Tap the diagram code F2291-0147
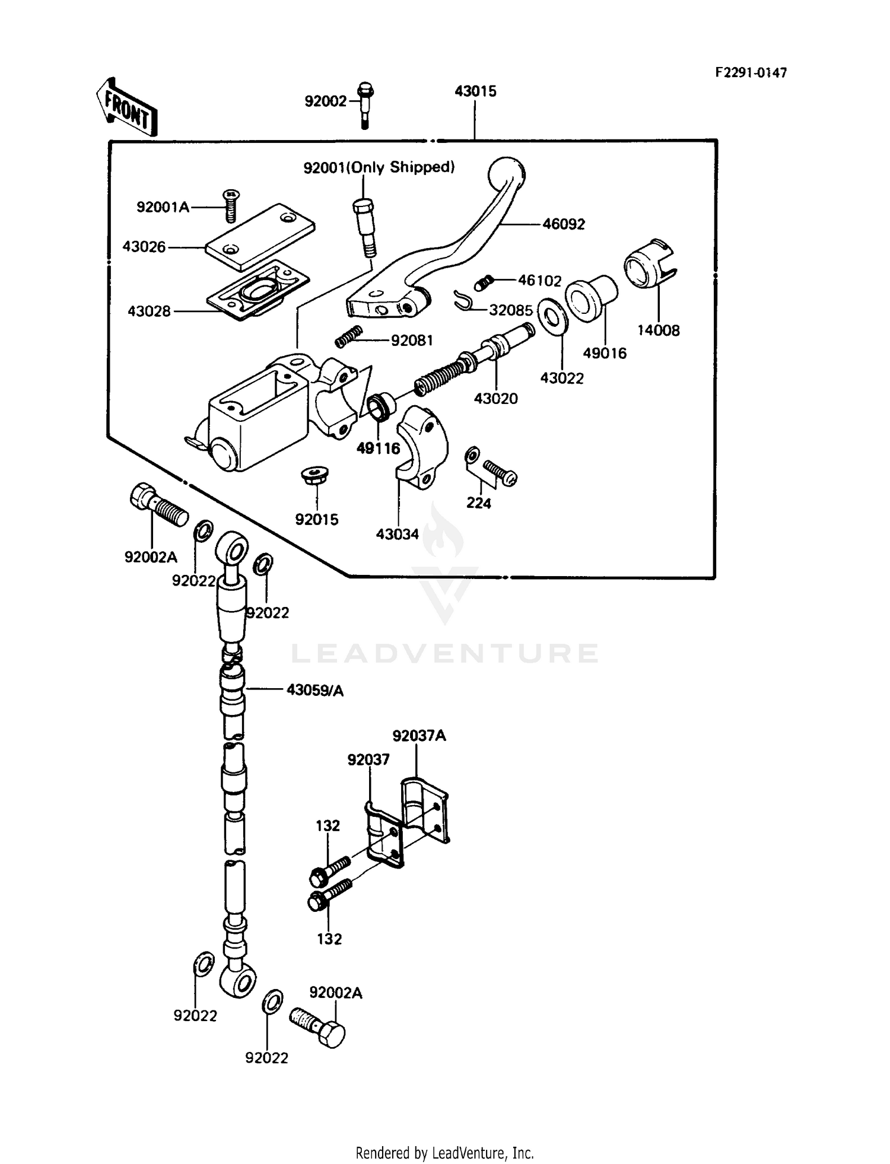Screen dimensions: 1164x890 [x=751, y=72]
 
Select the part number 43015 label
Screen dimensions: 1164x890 [x=475, y=91]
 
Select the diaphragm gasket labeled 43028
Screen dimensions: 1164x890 [x=258, y=291]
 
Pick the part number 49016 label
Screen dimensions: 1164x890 [x=604, y=353]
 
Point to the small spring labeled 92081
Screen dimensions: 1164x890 [x=348, y=336]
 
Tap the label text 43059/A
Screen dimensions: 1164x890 [x=314, y=691]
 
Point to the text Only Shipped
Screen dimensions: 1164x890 [x=402, y=168]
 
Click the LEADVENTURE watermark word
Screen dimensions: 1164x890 [x=445, y=654]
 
